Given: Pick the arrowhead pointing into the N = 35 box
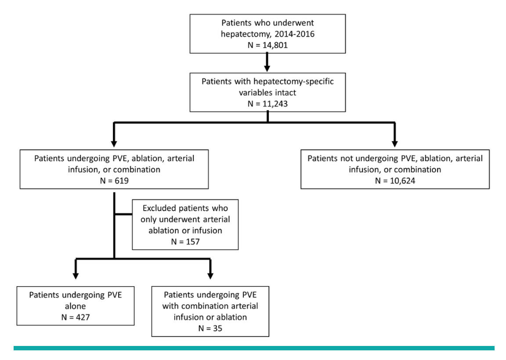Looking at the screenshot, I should tap(210, 275).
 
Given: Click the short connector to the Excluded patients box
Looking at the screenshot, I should tap(123, 215).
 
